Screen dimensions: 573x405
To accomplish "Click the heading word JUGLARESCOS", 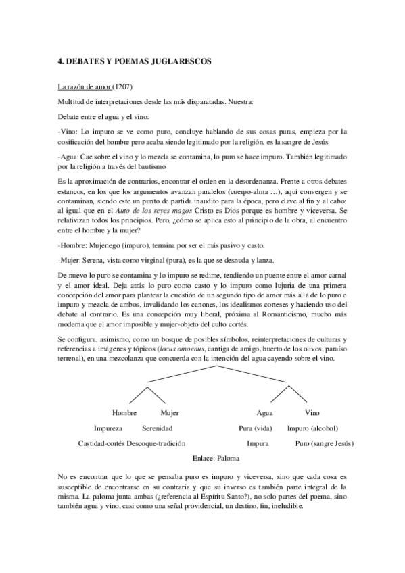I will pos(179,61).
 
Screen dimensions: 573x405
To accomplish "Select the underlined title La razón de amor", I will pos(85,88).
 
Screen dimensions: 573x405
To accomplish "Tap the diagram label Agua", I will pos(264,413).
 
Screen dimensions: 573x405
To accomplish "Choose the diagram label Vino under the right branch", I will pos(312,413).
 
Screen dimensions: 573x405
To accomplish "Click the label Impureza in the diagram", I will pos(108,428).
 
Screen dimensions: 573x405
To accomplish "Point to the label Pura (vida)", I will pos(256,428).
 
